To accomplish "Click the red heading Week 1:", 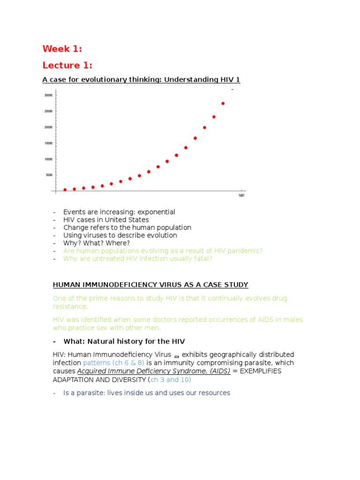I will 62,49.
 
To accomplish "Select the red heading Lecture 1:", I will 67,65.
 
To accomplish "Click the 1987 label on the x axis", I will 241,195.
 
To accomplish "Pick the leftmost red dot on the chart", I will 65,190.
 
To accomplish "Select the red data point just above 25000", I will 223,104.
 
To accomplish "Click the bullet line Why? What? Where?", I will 97,243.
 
